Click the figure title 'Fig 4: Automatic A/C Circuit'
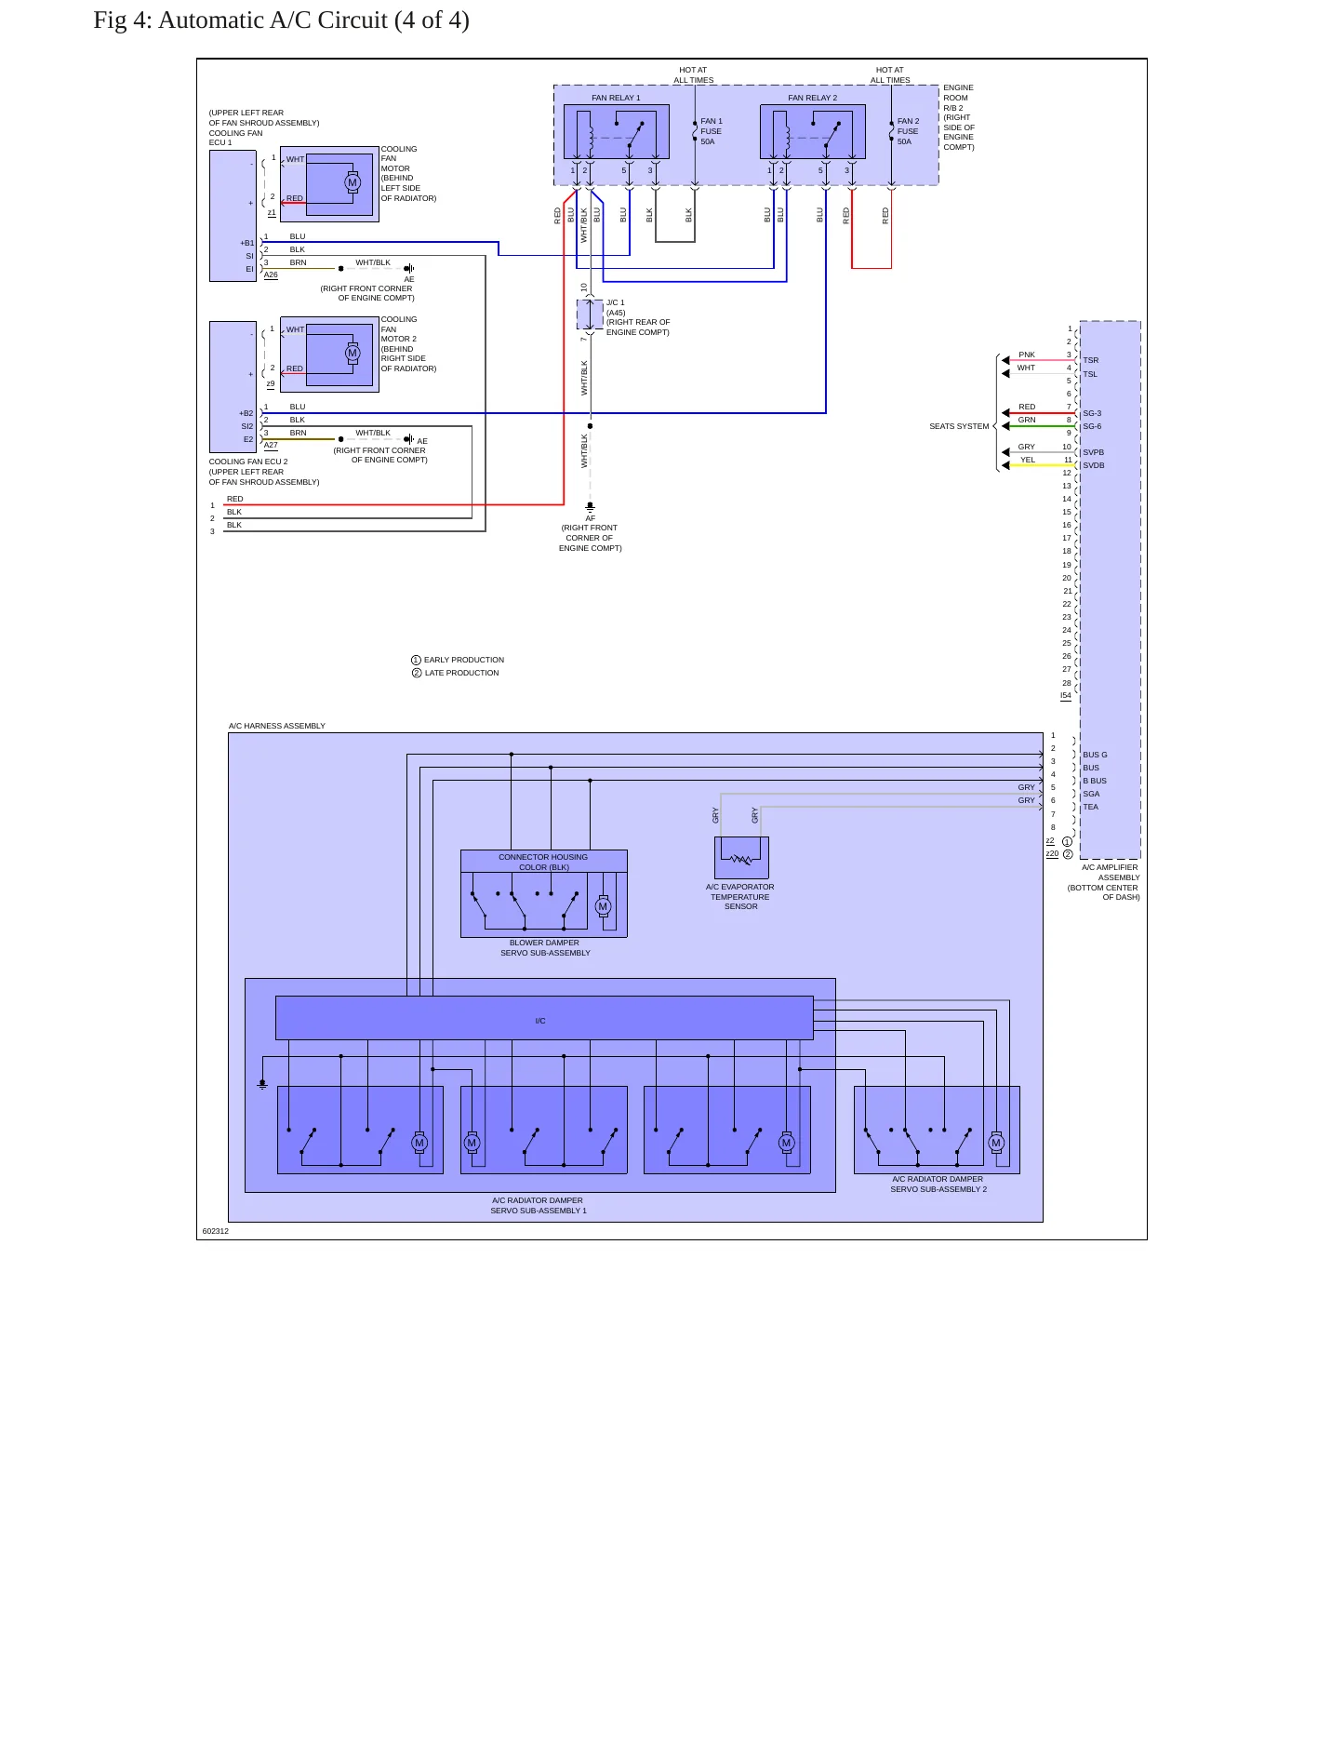pos(241,20)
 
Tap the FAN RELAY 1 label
pos(616,98)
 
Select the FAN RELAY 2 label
pos(812,98)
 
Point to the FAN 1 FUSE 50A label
pos(711,131)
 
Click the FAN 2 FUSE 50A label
pos(908,131)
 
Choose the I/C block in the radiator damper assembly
pos(544,1018)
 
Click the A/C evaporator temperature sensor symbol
pos(741,858)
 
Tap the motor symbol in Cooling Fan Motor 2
pos(353,353)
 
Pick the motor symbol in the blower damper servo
pos(603,906)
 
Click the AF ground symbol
pos(590,508)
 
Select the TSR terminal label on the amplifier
pos(1090,360)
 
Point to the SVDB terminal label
pos(1093,465)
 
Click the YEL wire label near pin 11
pos(1027,460)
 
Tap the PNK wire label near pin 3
pos(1027,355)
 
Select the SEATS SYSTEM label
pos(959,426)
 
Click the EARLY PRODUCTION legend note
pos(458,660)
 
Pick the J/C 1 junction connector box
pos(590,314)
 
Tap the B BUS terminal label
pos(1095,781)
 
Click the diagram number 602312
pos(215,1231)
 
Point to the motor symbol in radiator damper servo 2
pos(996,1143)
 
